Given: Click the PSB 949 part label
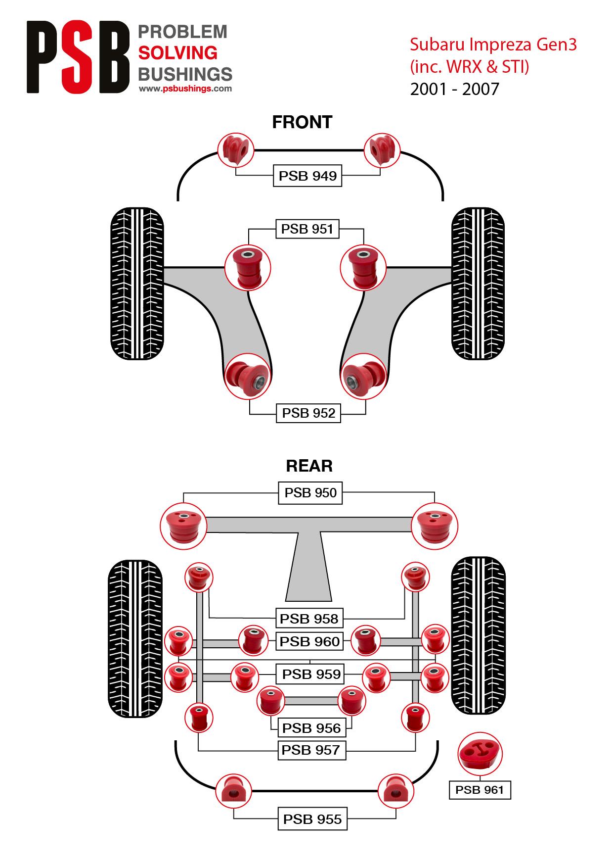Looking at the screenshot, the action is [x=307, y=176].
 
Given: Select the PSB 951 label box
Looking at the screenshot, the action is [x=307, y=229].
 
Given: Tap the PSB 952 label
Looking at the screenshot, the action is [x=308, y=413].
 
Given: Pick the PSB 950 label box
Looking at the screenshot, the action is [x=310, y=493].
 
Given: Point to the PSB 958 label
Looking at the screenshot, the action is [x=309, y=619].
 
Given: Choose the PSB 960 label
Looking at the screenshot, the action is [x=309, y=641].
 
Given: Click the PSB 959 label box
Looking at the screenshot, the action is [x=311, y=674].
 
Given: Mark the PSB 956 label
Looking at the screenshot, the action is [x=311, y=728].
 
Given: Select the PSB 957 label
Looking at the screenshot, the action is [x=311, y=750].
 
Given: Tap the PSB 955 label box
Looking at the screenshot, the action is [x=312, y=819].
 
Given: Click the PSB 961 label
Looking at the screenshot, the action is [x=480, y=790].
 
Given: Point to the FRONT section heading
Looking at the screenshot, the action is [x=302, y=122].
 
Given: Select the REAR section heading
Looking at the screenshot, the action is [x=309, y=466].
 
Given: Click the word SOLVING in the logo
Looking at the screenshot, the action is [x=178, y=53].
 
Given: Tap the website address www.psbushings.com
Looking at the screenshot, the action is [x=185, y=89].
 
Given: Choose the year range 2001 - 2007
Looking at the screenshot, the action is [x=455, y=89].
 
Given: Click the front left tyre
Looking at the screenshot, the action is [x=137, y=284].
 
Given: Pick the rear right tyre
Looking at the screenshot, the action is [x=478, y=636].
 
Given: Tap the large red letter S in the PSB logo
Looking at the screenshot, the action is [x=78, y=57].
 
